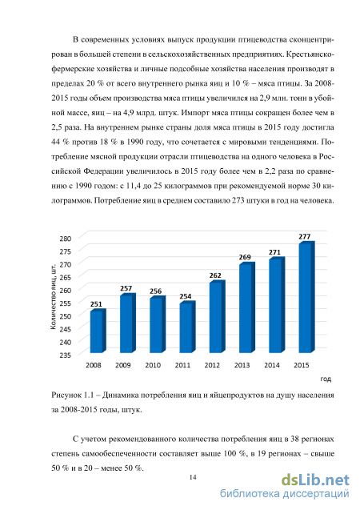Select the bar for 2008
pyautogui.click(x=98, y=331)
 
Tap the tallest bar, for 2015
pyautogui.click(x=306, y=297)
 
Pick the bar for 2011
pyautogui.click(x=187, y=327)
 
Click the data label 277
pyautogui.click(x=305, y=236)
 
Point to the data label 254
pyautogui.click(x=185, y=296)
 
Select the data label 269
pyautogui.click(x=245, y=257)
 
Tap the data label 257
pyautogui.click(x=126, y=288)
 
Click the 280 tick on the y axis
pyautogui.click(x=66, y=239)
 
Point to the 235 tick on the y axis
pyautogui.click(x=66, y=355)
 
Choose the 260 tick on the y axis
pyautogui.click(x=66, y=290)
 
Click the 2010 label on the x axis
pyautogui.click(x=153, y=365)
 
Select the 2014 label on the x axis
pyautogui.click(x=272, y=365)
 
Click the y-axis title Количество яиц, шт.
pyautogui.click(x=54, y=296)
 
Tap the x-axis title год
pyautogui.click(x=326, y=379)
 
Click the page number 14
pyautogui.click(x=193, y=477)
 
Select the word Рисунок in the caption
pyautogui.click(x=66, y=396)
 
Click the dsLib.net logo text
pyautogui.click(x=315, y=480)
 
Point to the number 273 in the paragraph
pyautogui.click(x=238, y=200)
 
